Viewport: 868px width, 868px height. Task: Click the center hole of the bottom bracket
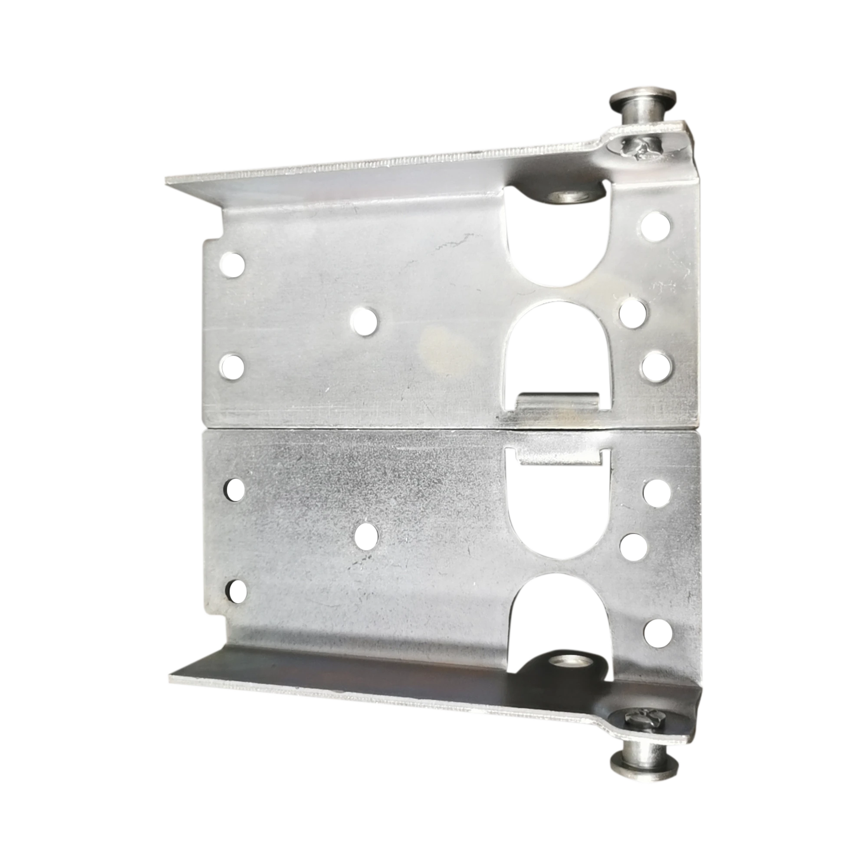[366, 536]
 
